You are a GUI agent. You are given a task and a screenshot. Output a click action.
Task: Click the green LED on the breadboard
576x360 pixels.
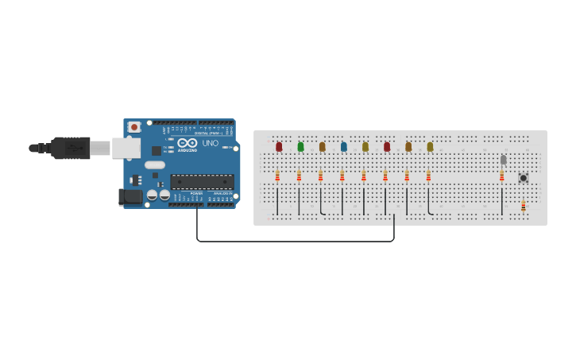point(300,146)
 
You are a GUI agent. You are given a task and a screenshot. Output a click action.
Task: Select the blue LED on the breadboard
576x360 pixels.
point(343,146)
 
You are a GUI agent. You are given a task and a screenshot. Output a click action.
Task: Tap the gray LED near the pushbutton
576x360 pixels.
point(503,160)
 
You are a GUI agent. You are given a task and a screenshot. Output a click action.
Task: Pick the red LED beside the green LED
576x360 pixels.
point(279,146)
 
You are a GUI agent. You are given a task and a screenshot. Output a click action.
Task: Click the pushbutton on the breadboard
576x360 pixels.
point(523,178)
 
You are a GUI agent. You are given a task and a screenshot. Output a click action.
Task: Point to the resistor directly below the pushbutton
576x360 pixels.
point(523,207)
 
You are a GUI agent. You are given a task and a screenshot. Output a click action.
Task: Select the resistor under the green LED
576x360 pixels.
point(299,176)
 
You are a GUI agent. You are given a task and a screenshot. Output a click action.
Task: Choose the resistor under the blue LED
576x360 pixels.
point(342,176)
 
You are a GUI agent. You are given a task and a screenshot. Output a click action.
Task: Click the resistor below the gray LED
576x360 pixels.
point(502,176)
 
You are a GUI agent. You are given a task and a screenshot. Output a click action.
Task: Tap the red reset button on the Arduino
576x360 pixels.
point(134,126)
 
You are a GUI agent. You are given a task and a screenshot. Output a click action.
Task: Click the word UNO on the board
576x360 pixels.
point(211,143)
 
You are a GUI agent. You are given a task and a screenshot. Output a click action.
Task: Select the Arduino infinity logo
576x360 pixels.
point(187,143)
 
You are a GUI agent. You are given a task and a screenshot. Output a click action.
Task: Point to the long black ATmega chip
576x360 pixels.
point(202,182)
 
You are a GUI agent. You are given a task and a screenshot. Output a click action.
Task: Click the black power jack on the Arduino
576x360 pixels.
point(130,195)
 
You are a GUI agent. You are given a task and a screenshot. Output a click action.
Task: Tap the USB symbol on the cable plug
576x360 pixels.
point(73,148)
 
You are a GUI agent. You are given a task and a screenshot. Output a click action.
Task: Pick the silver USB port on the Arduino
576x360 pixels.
point(126,148)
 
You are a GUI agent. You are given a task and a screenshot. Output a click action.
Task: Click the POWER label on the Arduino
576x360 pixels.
point(196,193)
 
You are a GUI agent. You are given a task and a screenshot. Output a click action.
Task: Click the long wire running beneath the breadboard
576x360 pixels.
point(294,241)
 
